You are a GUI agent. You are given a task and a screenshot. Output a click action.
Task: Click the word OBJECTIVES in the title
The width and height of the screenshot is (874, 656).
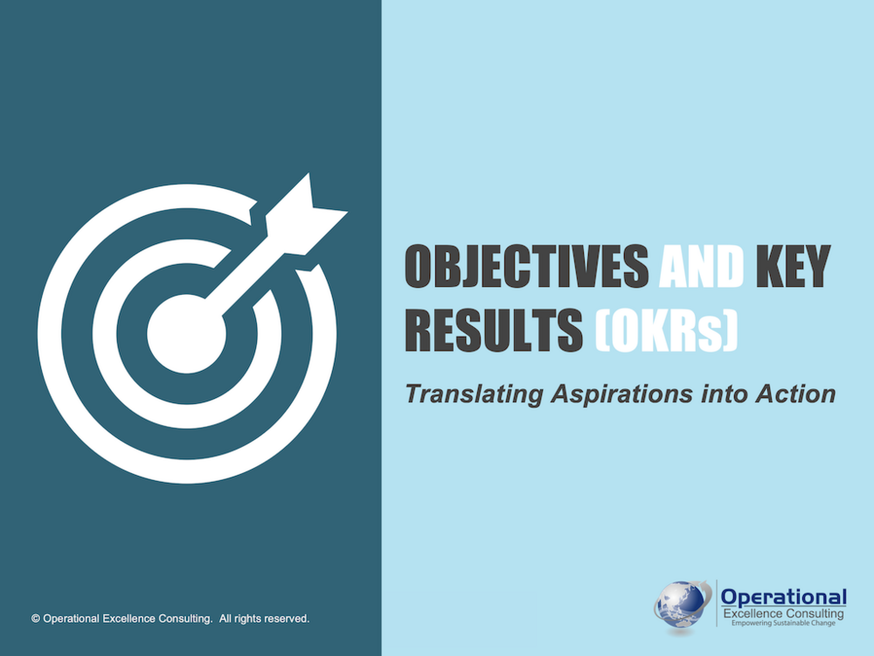click(x=527, y=266)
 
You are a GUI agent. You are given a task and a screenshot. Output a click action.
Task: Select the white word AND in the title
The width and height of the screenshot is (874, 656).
click(x=701, y=266)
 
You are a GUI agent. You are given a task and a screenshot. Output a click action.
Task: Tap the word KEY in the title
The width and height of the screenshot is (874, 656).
click(x=793, y=266)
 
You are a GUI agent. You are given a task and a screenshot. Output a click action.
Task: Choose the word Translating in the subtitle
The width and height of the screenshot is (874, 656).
click(x=474, y=394)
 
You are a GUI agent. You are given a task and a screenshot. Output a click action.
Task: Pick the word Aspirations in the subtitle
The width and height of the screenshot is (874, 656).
click(x=621, y=394)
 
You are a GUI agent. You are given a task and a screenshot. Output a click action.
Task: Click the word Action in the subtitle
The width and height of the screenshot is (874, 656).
click(x=795, y=394)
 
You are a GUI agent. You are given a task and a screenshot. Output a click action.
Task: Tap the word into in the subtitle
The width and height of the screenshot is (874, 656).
click(x=724, y=394)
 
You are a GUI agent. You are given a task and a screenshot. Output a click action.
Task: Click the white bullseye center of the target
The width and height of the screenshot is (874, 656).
click(x=187, y=333)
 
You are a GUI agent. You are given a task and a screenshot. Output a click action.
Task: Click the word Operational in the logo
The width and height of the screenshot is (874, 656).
click(x=783, y=597)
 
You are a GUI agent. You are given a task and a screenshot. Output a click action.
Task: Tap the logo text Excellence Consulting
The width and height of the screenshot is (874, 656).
click(x=783, y=614)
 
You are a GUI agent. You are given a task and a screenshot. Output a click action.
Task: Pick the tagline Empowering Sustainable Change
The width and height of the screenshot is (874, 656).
click(x=783, y=623)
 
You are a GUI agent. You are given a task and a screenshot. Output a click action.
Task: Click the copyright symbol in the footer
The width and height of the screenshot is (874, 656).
click(x=36, y=618)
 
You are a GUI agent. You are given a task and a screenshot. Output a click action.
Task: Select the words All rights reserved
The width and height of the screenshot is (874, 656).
click(x=264, y=618)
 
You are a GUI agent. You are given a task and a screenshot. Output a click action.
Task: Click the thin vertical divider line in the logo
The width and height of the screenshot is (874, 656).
click(x=717, y=603)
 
